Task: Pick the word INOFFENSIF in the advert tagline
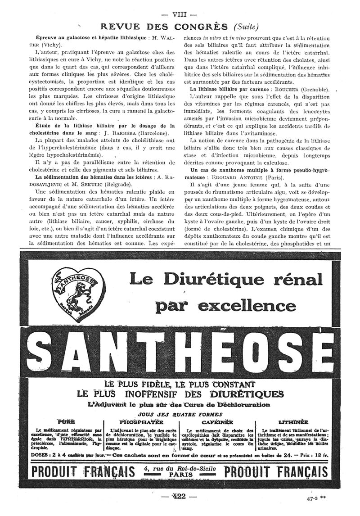pyautogui.click(x=148, y=394)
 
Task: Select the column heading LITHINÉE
pyautogui.click(x=293, y=422)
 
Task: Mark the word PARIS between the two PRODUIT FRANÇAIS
pyautogui.click(x=180, y=474)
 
